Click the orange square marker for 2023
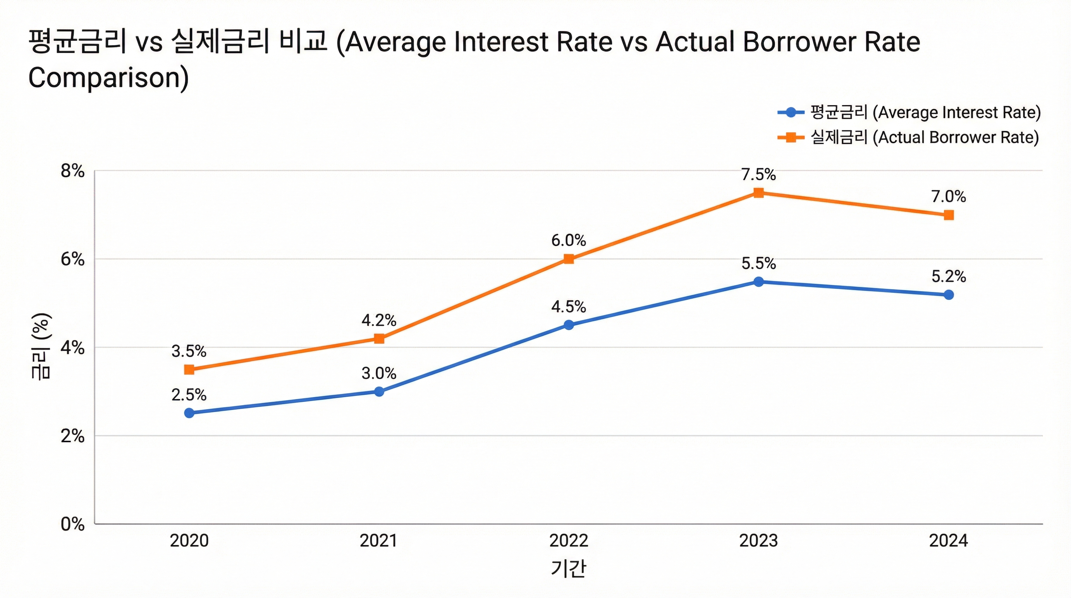tap(758, 193)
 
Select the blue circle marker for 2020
tap(189, 413)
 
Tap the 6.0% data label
tap(568, 240)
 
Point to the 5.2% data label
tap(948, 276)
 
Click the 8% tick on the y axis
tap(72, 171)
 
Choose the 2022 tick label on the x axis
tap(568, 541)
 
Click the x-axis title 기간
tap(568, 568)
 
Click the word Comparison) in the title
tap(109, 78)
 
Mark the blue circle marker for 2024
tap(948, 295)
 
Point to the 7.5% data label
tap(758, 175)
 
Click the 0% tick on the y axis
tap(72, 524)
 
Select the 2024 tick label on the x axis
tap(948, 541)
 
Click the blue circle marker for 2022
tap(569, 325)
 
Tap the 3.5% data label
tap(189, 352)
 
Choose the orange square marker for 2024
tap(948, 215)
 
